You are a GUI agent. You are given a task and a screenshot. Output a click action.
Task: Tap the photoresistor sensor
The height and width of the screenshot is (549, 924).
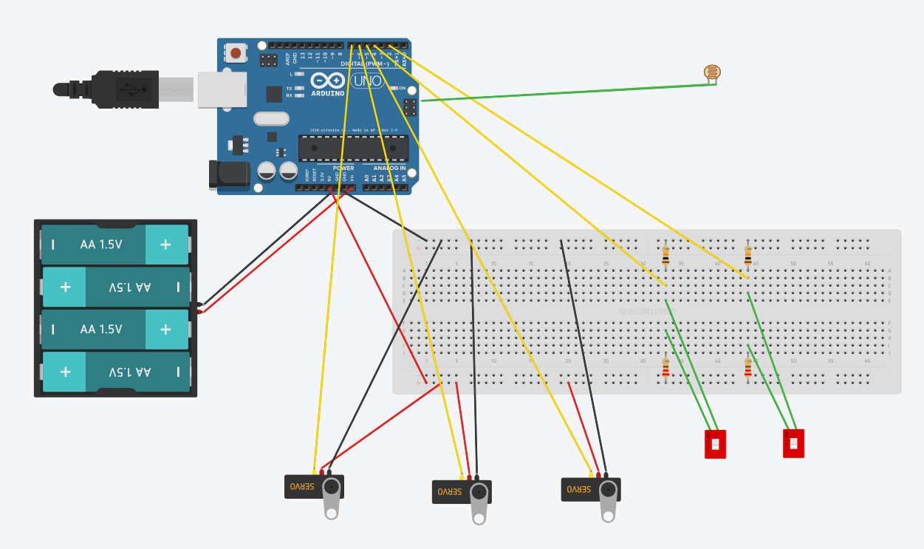point(713,72)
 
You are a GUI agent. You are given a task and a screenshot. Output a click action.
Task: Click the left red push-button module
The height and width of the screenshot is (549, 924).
point(715,444)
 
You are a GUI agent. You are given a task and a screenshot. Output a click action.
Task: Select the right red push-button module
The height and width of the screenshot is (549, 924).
point(793,443)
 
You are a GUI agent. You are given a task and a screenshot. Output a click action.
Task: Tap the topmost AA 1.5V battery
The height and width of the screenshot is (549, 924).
point(115,245)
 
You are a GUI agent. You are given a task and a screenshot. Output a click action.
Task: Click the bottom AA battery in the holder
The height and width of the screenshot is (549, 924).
point(115,372)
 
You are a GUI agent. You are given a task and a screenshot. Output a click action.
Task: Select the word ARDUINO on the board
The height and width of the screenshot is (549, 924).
point(328,94)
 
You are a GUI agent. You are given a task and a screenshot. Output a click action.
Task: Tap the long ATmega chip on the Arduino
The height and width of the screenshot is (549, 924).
point(353,148)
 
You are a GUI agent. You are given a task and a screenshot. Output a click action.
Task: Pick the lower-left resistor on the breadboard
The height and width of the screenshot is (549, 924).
point(665,368)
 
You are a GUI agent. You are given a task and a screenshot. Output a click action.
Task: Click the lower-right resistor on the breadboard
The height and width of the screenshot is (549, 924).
point(747,368)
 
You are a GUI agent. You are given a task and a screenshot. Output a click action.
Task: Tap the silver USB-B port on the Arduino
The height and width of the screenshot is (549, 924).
point(222,90)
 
